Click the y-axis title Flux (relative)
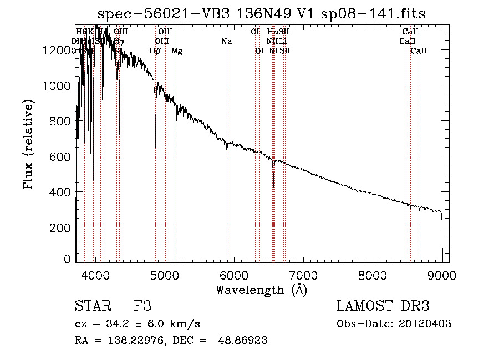point(28,144)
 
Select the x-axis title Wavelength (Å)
point(261,290)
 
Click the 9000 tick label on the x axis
point(442,275)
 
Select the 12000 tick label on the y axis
point(58,50)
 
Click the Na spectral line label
point(226,41)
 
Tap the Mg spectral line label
point(177,51)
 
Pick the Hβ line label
point(155,51)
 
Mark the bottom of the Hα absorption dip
point(273,186)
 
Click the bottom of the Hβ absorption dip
point(155,146)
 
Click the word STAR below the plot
point(93,306)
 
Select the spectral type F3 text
point(142,306)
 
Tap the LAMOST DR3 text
point(383,306)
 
